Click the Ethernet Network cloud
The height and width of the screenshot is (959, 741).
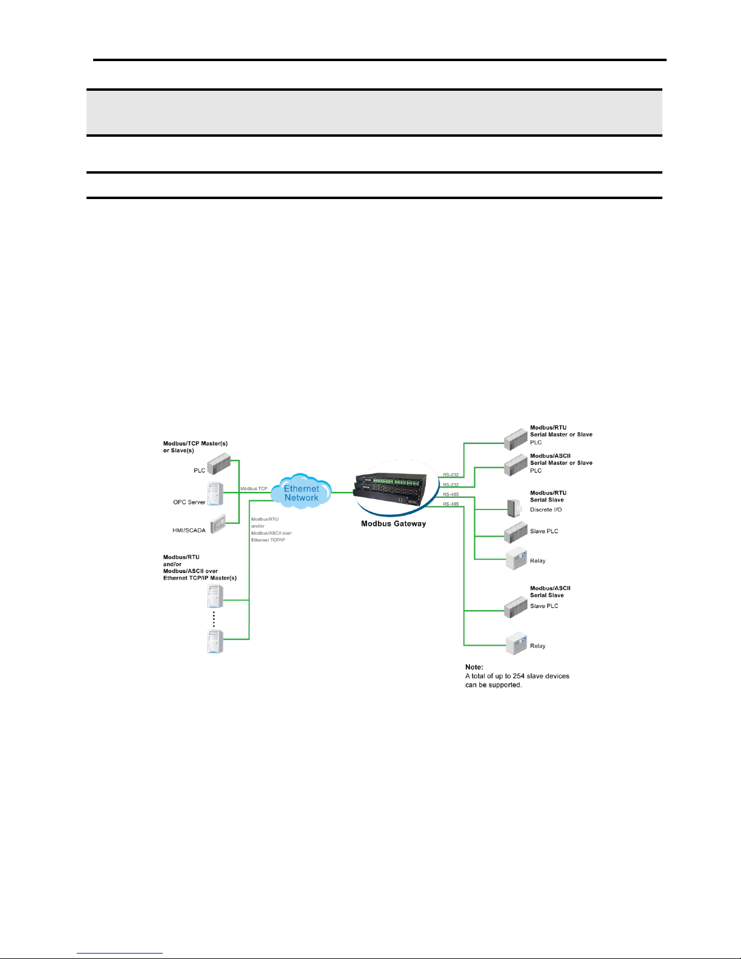(x=301, y=492)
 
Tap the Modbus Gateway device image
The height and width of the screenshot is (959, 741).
(x=390, y=488)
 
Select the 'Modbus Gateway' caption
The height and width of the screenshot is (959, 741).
(x=393, y=524)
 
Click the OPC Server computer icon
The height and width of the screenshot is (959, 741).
(x=215, y=493)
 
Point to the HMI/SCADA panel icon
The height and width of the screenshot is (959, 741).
(x=218, y=524)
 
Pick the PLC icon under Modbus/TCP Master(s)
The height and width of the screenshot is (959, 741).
(x=219, y=463)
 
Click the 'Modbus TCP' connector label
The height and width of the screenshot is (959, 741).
(x=253, y=488)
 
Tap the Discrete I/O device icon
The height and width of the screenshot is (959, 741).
(x=514, y=508)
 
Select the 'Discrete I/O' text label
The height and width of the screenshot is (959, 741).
(x=546, y=509)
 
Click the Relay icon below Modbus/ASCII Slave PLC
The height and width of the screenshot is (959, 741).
(x=516, y=643)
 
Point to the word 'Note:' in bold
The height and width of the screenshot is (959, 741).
(x=474, y=667)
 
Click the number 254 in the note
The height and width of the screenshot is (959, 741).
(x=519, y=676)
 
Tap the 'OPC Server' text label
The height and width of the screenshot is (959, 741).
(x=189, y=502)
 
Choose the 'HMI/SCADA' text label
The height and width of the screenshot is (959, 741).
(x=189, y=531)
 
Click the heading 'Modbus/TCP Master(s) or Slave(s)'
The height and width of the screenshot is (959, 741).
(x=195, y=447)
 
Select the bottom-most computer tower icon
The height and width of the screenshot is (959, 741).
(x=215, y=641)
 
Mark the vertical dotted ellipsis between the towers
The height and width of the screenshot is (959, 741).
(x=214, y=619)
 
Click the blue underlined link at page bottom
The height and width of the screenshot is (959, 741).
(x=120, y=954)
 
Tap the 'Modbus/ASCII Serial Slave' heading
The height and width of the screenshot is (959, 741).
(x=550, y=592)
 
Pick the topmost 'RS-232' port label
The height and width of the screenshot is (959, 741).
(x=451, y=475)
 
